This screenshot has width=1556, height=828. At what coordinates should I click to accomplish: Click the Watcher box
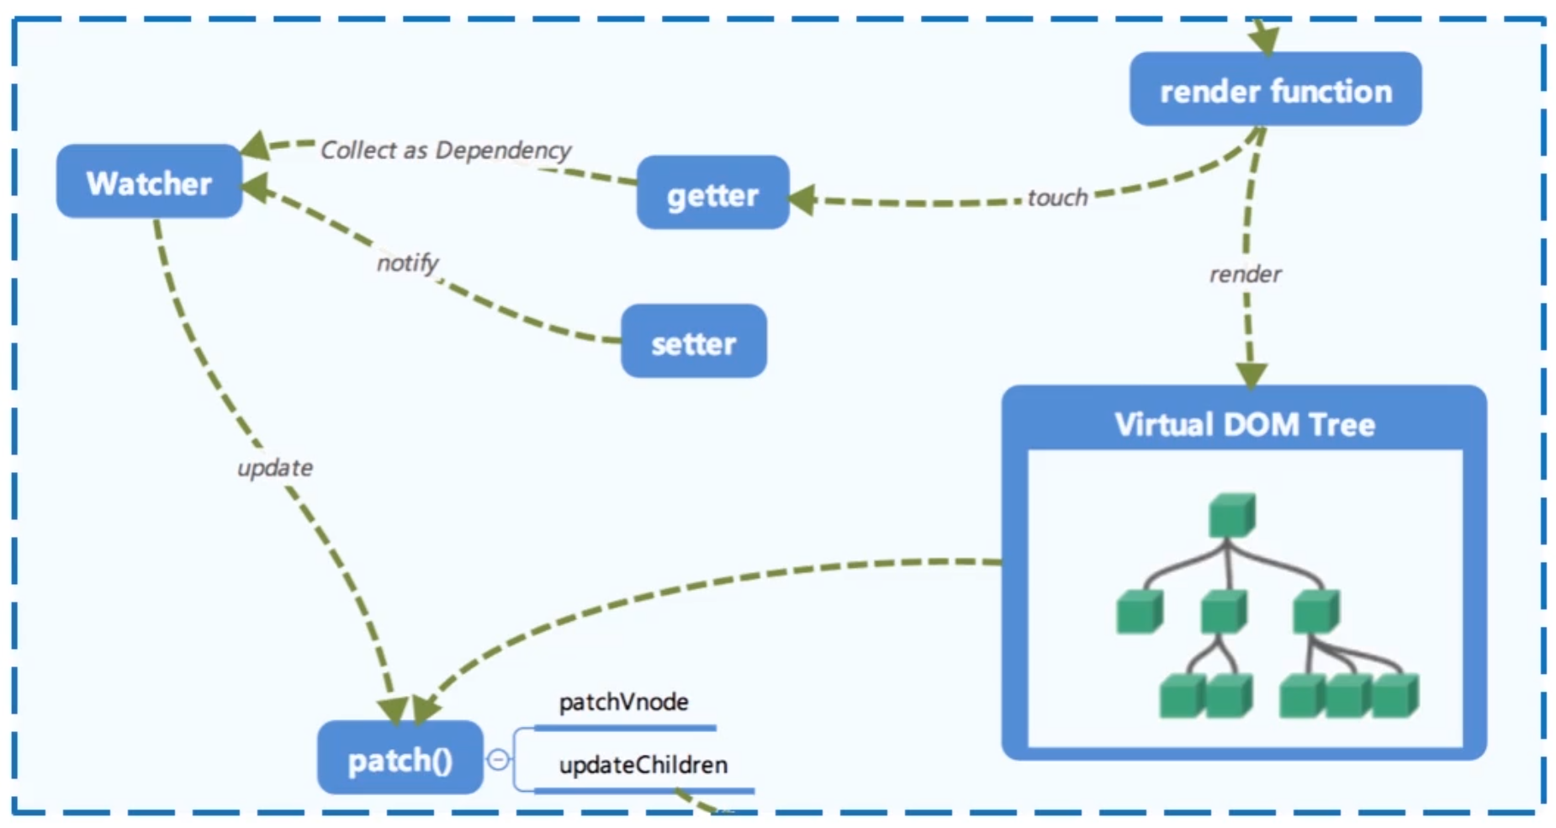click(x=149, y=182)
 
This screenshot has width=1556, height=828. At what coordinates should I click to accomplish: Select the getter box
click(x=712, y=194)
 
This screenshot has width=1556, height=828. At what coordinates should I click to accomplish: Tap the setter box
click(x=693, y=342)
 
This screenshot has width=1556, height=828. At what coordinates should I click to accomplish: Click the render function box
click(x=1275, y=90)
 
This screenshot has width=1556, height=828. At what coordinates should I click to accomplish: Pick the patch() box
click(x=400, y=758)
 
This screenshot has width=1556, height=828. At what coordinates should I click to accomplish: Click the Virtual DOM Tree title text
click(x=1244, y=424)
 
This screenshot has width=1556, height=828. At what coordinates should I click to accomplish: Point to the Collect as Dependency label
click(x=445, y=150)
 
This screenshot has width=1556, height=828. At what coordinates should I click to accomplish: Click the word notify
click(x=407, y=263)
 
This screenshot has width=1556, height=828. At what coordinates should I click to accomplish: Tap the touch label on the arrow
click(x=1056, y=198)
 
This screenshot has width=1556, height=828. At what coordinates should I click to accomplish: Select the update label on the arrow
click(x=274, y=467)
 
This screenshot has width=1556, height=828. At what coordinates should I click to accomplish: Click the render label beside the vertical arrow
click(x=1245, y=273)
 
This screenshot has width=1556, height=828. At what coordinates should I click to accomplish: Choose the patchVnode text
click(x=623, y=702)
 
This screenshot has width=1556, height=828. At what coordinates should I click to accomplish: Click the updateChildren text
click(x=643, y=765)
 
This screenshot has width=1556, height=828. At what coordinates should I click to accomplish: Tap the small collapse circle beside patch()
click(x=498, y=760)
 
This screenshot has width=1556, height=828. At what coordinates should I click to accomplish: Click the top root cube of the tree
click(x=1231, y=515)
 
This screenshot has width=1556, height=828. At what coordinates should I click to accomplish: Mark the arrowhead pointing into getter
click(x=802, y=199)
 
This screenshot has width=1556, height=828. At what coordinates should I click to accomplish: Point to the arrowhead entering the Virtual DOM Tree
click(x=1251, y=375)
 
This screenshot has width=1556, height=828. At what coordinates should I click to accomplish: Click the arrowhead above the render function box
click(x=1263, y=39)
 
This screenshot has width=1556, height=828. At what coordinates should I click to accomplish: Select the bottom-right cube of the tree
click(x=1395, y=695)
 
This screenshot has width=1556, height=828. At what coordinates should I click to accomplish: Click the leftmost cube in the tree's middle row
click(x=1139, y=611)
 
